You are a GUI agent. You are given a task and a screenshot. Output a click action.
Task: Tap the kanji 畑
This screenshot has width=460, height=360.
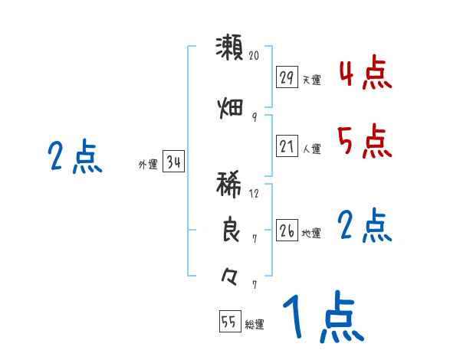click(x=230, y=108)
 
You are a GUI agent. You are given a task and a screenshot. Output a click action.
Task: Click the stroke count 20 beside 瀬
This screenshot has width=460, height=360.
click(x=255, y=56)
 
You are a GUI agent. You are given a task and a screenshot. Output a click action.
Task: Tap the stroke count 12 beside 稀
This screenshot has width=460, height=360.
click(x=255, y=194)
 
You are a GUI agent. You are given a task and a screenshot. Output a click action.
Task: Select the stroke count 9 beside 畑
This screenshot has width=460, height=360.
click(x=255, y=116)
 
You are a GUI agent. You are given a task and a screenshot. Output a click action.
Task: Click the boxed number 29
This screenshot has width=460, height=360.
click(x=287, y=77)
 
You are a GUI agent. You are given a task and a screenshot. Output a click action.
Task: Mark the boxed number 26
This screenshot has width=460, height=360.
click(x=287, y=231)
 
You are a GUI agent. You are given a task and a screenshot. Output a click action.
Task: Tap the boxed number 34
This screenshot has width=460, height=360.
click(x=174, y=162)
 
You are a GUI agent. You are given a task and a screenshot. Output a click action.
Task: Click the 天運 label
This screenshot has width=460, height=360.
click(x=311, y=80)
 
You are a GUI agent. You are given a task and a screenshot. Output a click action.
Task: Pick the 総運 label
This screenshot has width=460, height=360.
click(x=255, y=325)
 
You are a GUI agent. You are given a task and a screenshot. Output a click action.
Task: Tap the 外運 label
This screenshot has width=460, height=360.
click(x=147, y=164)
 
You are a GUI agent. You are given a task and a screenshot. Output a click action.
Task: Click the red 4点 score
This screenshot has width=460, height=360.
click(x=364, y=74)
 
